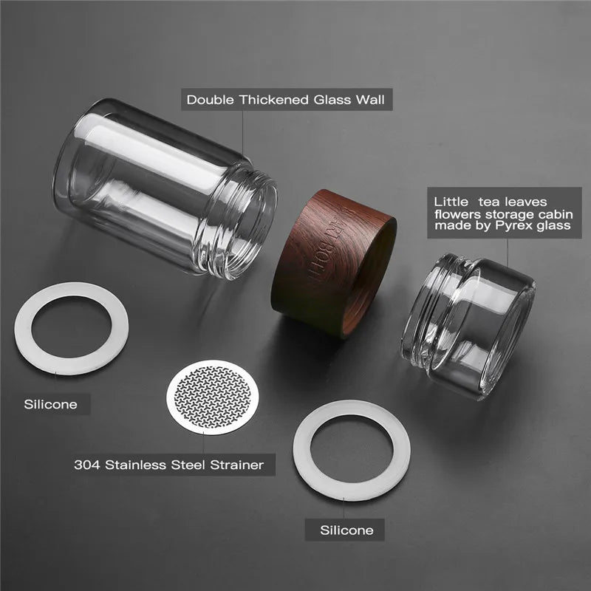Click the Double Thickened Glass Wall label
tap(288, 99)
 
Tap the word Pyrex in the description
tap(520, 225)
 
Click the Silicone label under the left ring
tap(50, 404)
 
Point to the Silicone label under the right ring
tap(346, 530)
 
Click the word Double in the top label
tap(210, 99)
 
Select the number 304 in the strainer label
tap(87, 465)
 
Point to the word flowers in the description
tap(456, 213)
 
